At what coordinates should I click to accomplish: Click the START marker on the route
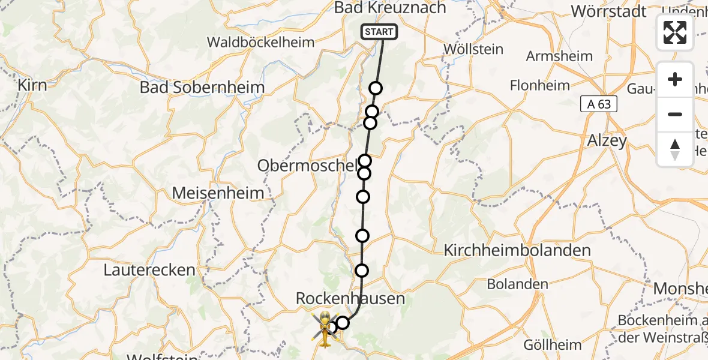(x=379, y=32)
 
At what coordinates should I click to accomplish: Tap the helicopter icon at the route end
(x=325, y=329)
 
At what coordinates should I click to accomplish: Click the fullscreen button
(x=675, y=32)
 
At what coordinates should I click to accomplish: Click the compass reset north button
(x=675, y=149)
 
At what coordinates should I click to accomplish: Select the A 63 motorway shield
(x=599, y=104)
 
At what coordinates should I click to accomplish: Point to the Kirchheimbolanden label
(x=517, y=250)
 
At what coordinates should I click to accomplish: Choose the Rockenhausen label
(x=350, y=298)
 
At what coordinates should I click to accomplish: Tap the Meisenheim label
(x=218, y=193)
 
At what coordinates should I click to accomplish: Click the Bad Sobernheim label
(x=202, y=87)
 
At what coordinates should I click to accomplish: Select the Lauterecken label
(x=149, y=269)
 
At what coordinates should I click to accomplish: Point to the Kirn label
(x=32, y=85)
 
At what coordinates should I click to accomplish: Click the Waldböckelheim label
(x=260, y=42)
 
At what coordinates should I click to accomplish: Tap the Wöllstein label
(x=472, y=49)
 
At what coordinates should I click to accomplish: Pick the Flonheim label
(x=539, y=85)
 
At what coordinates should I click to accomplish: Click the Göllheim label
(x=552, y=345)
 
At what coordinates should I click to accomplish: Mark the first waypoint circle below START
(x=376, y=89)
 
